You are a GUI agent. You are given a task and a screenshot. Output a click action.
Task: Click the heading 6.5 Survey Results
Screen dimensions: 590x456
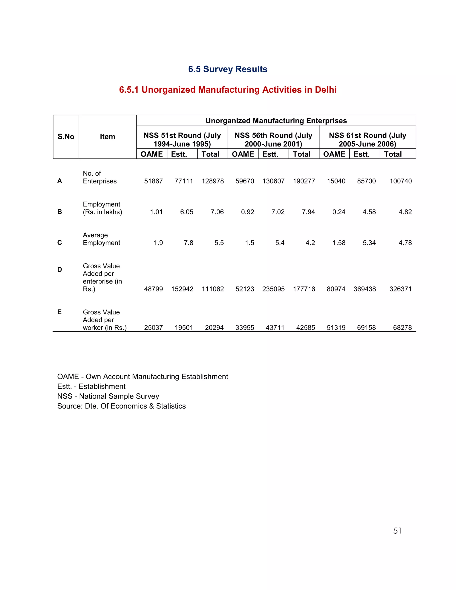click(228, 69)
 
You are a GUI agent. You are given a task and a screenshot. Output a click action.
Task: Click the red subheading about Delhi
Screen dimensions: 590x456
click(228, 90)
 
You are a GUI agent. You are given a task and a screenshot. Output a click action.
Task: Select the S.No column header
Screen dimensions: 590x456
click(66, 137)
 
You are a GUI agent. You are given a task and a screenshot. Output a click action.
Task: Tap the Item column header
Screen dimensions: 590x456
click(108, 137)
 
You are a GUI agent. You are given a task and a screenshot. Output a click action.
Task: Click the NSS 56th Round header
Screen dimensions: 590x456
click(273, 139)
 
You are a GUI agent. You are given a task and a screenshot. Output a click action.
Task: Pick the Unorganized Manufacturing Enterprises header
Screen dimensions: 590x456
click(276, 120)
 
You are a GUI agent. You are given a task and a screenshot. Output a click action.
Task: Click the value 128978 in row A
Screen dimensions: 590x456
click(213, 181)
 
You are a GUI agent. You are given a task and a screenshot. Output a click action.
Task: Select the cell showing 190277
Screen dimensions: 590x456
click(304, 181)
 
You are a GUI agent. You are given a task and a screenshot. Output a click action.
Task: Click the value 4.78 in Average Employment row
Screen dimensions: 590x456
click(405, 243)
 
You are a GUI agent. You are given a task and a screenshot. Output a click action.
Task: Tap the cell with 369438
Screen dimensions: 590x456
click(364, 289)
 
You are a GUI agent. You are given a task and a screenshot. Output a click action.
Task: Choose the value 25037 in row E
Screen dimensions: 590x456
click(153, 328)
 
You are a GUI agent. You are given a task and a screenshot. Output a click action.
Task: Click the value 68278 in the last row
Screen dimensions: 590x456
click(402, 328)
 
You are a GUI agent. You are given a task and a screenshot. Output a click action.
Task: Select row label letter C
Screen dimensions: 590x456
click(60, 243)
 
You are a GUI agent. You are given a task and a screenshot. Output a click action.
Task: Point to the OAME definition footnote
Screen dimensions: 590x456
click(143, 376)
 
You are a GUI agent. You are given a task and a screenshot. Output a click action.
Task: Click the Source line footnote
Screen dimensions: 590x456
click(121, 406)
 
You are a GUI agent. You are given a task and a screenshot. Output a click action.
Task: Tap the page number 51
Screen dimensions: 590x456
click(397, 531)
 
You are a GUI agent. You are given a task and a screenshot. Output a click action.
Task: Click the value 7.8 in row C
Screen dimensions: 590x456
click(188, 243)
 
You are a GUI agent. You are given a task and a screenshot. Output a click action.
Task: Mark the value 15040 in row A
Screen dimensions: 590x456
click(336, 181)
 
